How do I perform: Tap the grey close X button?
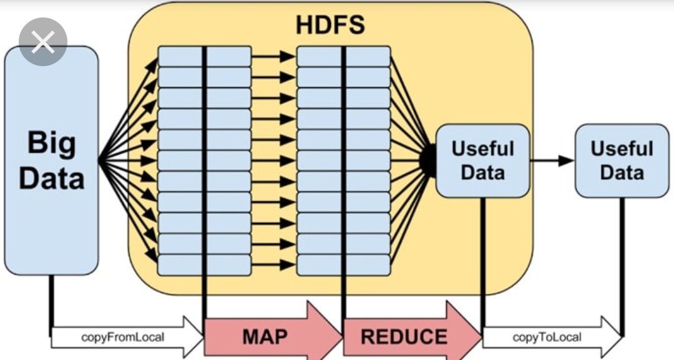42,42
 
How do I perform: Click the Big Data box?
51,160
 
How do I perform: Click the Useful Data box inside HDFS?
482,160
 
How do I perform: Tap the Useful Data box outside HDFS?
621,160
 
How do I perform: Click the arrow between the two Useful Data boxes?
552,160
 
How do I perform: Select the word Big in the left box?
51,144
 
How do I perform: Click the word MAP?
265,338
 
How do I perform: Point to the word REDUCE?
404,338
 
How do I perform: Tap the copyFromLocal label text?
123,338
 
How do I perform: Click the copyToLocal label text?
547,338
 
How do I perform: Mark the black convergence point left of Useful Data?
427,160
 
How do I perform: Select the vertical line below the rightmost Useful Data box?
622,262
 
